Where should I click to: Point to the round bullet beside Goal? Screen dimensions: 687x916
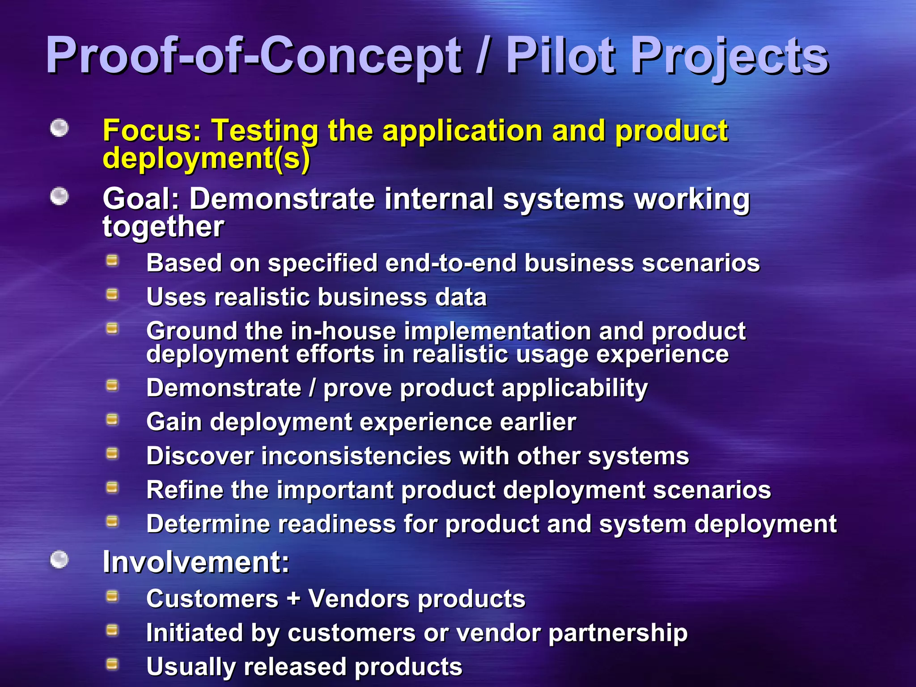coord(59,196)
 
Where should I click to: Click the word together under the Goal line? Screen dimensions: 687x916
coord(163,226)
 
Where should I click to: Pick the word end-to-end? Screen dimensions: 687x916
coord(450,263)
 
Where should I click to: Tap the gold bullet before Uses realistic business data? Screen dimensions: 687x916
coord(112,295)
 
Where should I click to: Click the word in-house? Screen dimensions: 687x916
coord(343,331)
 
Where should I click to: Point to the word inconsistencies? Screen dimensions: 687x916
coord(356,456)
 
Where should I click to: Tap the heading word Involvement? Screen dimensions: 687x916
coord(196,562)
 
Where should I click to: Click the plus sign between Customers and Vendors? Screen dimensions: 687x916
coord(293,598)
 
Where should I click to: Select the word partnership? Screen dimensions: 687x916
coord(618,633)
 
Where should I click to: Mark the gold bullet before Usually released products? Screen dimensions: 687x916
coord(112,665)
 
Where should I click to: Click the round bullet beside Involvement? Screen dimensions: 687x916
coord(59,560)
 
